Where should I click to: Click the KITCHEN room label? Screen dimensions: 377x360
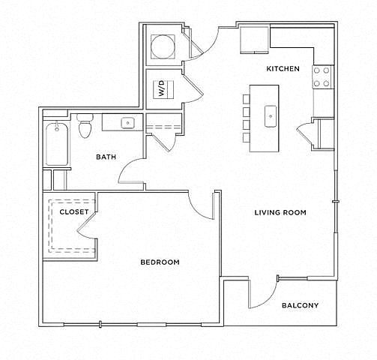point(283,68)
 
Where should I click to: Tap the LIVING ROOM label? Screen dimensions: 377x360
point(280,212)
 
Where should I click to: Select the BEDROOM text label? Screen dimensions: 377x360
point(160,262)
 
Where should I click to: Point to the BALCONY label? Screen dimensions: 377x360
point(300,305)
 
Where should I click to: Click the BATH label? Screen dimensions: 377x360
point(106,157)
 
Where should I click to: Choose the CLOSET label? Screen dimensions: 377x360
point(74,212)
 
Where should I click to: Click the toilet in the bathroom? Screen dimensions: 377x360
point(85,126)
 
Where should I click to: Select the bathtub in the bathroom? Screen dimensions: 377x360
point(57,143)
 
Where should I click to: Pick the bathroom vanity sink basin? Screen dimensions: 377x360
point(128,123)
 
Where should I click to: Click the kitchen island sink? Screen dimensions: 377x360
point(271,116)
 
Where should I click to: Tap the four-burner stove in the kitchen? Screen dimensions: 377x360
point(323,77)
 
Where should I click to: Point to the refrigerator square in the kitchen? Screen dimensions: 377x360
point(254,40)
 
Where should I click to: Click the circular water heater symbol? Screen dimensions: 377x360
point(163,46)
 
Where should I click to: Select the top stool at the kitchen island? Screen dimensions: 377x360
point(246,99)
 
